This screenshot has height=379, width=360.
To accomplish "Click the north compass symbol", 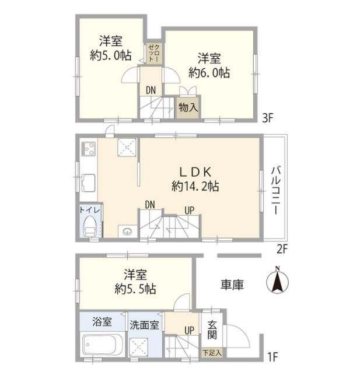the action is (277, 281).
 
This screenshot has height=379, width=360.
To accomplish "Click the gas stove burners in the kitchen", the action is (88, 149).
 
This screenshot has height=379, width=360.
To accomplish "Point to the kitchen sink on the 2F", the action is (88, 183).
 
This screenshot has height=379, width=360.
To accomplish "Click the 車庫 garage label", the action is (232, 285).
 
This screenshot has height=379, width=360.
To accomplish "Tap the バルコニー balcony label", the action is (275, 190).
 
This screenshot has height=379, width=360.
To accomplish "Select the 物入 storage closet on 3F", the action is (188, 107).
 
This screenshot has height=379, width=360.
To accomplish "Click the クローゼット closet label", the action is (153, 53).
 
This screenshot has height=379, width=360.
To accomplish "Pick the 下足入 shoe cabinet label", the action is (212, 352).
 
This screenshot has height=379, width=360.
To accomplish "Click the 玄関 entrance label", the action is (212, 329).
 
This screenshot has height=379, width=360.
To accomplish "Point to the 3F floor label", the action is (268, 118).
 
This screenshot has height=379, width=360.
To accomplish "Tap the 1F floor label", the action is (272, 356).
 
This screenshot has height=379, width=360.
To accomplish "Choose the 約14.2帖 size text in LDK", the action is (195, 187).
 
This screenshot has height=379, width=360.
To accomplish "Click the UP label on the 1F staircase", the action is (189, 330).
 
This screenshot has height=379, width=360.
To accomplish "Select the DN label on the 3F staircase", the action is (151, 90).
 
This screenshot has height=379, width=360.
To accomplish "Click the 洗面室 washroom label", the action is (144, 325).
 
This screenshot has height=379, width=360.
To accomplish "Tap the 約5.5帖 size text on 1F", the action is (135, 289).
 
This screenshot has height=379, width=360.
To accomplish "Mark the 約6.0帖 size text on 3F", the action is (209, 72).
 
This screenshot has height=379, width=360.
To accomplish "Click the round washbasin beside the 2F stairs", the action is (127, 232).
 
